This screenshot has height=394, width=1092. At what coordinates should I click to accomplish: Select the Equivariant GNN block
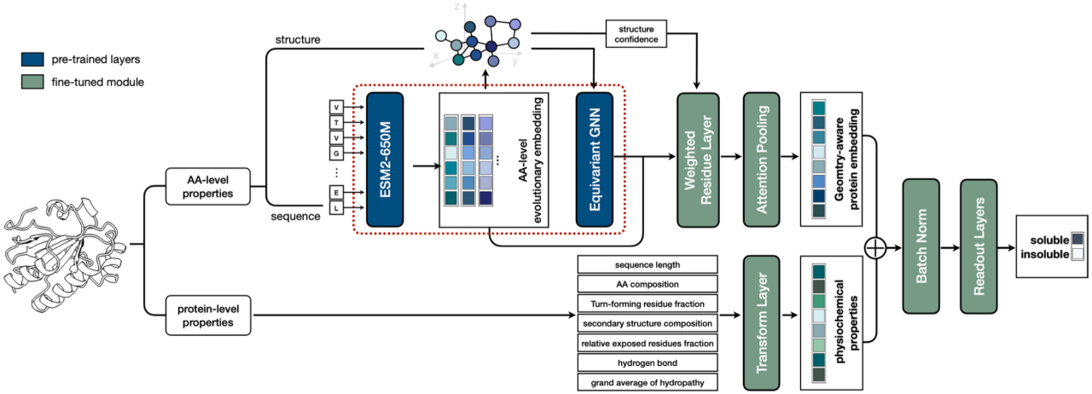coord(594,159)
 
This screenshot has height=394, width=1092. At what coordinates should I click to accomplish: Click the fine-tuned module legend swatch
coord(32,82)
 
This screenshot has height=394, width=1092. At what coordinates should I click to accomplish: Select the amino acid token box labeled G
coord(337,154)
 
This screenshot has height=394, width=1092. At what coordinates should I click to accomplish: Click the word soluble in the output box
coord(1041,239)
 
